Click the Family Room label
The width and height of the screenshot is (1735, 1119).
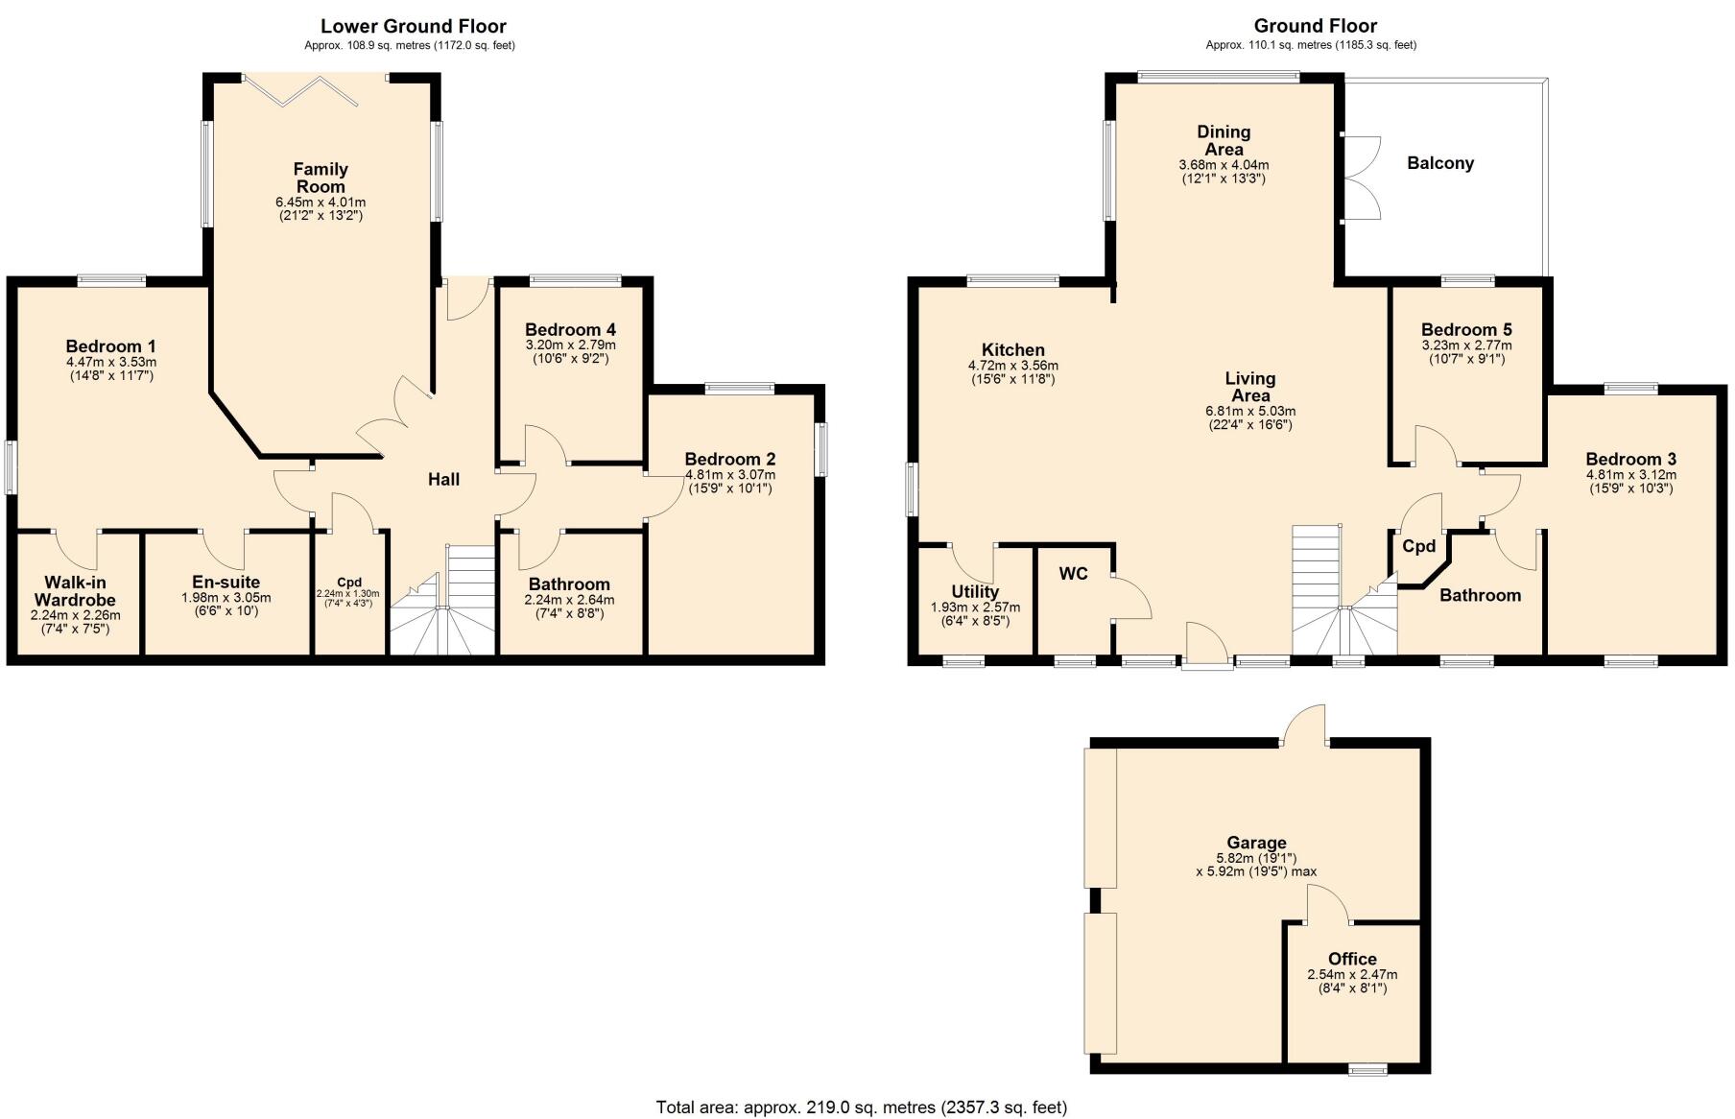coord(321,179)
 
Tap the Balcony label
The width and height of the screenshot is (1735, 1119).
coord(1439,163)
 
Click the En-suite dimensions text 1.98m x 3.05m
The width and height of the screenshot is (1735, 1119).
coord(226,598)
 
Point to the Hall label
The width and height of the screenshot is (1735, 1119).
coord(443,479)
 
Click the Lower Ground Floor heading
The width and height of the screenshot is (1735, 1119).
coord(413,26)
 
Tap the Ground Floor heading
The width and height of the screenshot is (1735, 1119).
coord(1315,26)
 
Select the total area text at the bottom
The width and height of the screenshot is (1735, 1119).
coord(861,1107)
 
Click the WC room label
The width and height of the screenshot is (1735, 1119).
coord(1073,574)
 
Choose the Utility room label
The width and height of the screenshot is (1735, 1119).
coord(975,592)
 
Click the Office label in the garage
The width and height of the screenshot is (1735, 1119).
coord(1352,959)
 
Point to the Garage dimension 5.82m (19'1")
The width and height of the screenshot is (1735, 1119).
coord(1256,858)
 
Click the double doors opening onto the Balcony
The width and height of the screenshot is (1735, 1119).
coord(1362,179)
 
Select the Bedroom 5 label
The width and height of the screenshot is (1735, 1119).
coord(1465,330)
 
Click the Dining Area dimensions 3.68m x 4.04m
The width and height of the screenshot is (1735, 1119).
coord(1223,165)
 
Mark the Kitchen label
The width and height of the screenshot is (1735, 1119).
coord(1012,350)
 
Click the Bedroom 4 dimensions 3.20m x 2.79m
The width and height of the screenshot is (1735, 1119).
coord(570,345)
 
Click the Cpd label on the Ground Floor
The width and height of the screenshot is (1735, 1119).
coord(1418,546)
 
